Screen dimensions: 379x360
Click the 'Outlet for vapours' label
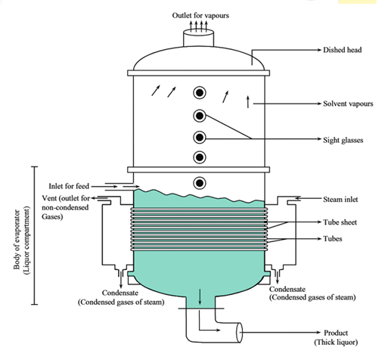tap(200, 16)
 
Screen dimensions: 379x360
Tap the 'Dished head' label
tap(342, 50)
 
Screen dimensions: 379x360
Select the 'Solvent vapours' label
tap(348, 104)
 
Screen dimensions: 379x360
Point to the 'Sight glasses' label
tap(343, 140)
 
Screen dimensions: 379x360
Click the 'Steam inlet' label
tap(340, 200)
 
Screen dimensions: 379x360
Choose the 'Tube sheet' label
tap(340, 222)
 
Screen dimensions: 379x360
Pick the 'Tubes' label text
tap(333, 239)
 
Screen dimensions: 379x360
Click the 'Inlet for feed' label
tap(69, 186)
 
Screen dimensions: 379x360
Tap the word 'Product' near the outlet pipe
tap(336, 333)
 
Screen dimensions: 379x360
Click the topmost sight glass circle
tap(200, 93)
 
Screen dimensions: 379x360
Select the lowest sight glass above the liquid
tap(200, 183)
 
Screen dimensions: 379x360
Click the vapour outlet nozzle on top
tap(198, 38)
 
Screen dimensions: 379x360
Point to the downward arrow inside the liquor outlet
tap(200, 296)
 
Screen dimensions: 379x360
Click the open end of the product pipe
tap(239, 333)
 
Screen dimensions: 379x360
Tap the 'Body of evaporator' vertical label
tap(17, 239)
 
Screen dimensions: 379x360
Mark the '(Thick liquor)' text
tap(336, 343)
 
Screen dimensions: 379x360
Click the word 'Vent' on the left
tap(49, 198)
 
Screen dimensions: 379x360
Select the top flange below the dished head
tap(198, 73)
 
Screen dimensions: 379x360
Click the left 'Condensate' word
tap(120, 293)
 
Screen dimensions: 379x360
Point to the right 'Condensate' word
tap(287, 289)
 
